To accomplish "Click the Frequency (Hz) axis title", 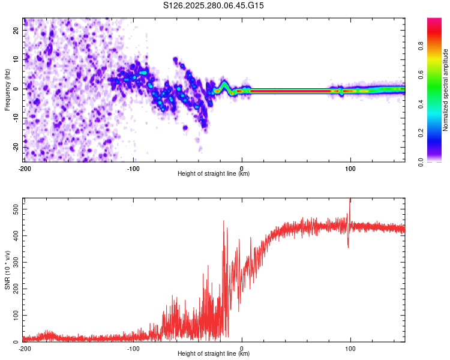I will click(7, 89).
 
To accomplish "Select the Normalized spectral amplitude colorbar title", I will click(446, 90).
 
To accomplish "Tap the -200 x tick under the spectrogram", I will click(24, 167).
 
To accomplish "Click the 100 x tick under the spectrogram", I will click(350, 167).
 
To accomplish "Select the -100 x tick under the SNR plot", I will click(133, 348).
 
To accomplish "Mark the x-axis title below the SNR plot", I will click(214, 354).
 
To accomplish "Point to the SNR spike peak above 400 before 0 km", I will click(224, 221).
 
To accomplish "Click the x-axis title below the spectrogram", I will click(214, 173).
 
